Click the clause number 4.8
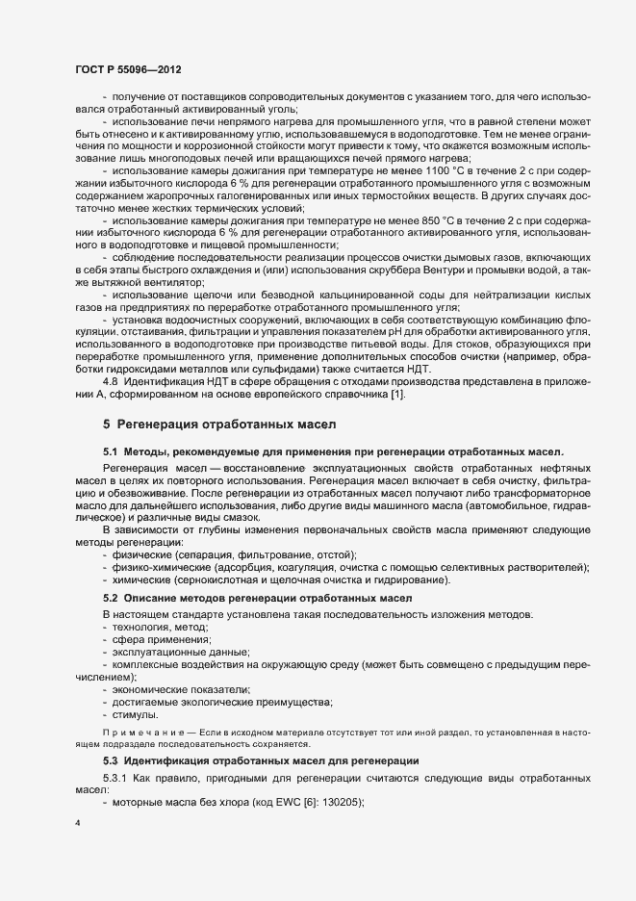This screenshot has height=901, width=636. point(111,382)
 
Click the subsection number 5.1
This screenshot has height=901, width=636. point(111,451)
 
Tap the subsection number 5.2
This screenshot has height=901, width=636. point(111,600)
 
